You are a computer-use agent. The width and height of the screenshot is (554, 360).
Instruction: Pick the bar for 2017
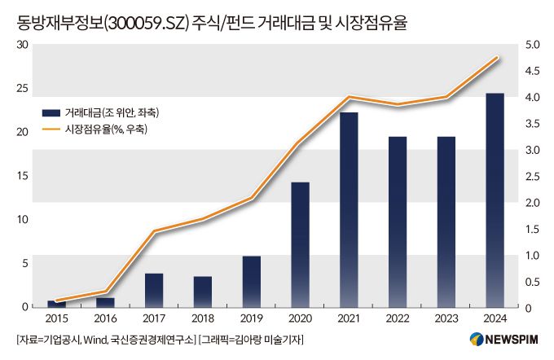[x=154, y=290]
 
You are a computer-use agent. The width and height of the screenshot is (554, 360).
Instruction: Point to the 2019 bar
[x=252, y=281]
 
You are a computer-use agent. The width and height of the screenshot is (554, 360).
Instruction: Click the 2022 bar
[x=398, y=222]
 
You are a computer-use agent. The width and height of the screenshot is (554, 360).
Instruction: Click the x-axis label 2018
[x=203, y=318]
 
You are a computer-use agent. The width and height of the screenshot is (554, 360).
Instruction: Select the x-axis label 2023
[x=446, y=318]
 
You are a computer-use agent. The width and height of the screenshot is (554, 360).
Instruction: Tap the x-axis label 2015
[x=57, y=318]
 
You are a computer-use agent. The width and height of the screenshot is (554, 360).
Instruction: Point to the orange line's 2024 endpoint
[x=496, y=58]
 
